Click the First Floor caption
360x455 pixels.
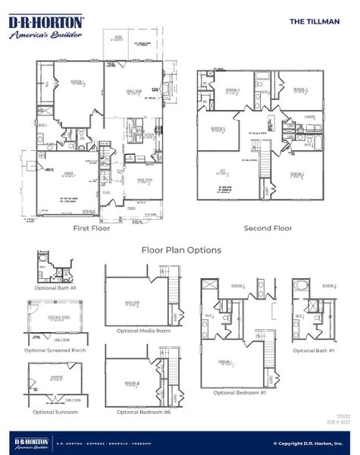click(x=91, y=227)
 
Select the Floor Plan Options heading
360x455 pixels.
click(x=181, y=249)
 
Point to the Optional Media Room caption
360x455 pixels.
click(x=143, y=331)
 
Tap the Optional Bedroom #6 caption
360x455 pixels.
click(x=143, y=412)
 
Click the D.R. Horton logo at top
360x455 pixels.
click(x=46, y=28)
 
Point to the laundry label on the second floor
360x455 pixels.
click(x=308, y=115)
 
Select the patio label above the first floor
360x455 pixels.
click(x=119, y=36)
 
